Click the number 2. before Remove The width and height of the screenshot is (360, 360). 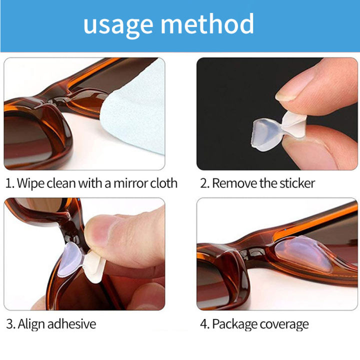click(204, 183)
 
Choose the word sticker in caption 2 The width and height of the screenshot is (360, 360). click(296, 183)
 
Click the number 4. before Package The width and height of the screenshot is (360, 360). click(204, 324)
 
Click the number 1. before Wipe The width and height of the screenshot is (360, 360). click(9, 183)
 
